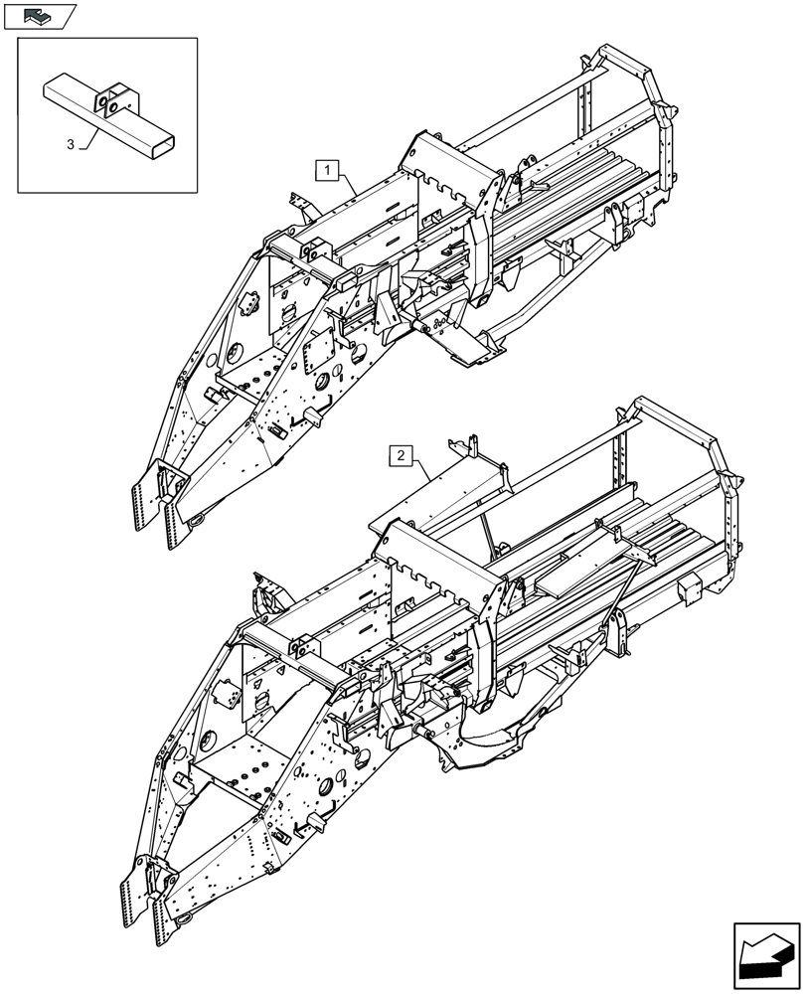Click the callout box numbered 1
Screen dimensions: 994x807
coord(328,170)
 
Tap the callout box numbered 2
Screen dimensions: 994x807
coord(400,456)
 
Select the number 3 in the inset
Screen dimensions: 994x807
coord(71,145)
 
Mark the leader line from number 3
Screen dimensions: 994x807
coord(87,137)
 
